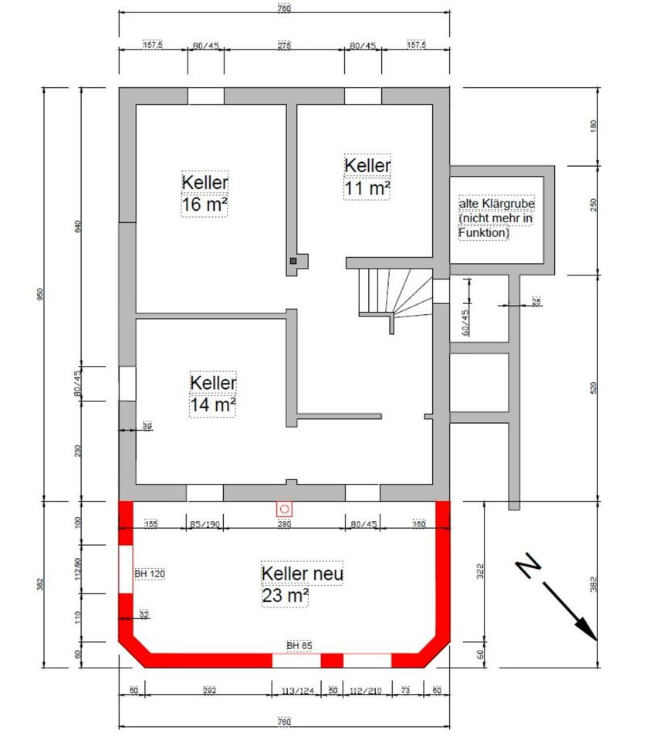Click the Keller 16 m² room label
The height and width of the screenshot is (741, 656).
205,193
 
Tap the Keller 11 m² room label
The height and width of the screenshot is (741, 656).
367,177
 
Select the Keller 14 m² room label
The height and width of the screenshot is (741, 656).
213,394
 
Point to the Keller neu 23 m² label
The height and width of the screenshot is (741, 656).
302,584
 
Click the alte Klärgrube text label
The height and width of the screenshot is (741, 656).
496,218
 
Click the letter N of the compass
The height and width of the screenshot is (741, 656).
529,566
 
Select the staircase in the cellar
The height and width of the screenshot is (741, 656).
394,293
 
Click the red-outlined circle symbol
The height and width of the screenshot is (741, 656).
285,509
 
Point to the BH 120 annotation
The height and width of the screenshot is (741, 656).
150,574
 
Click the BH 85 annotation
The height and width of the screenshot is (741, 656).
299,645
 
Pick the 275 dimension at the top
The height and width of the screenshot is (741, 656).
284,46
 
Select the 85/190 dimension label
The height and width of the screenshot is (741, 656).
205,525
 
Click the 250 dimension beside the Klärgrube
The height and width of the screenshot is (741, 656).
593,205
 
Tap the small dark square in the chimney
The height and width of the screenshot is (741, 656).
293,262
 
